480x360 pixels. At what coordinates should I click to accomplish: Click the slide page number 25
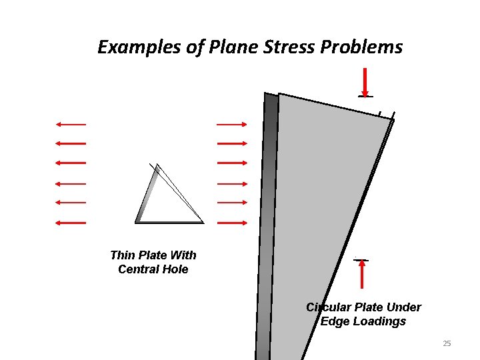447,343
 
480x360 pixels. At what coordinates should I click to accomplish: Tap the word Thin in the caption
122,255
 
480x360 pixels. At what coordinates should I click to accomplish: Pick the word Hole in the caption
176,269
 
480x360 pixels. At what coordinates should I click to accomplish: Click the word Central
139,269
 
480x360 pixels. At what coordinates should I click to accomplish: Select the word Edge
335,321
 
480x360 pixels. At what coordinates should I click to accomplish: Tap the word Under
403,307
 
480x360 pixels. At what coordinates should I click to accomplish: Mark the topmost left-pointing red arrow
71,124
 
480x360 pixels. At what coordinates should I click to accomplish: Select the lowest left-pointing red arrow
71,222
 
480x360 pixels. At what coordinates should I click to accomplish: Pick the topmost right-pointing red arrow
232,124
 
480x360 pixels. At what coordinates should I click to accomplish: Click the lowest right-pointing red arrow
232,222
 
